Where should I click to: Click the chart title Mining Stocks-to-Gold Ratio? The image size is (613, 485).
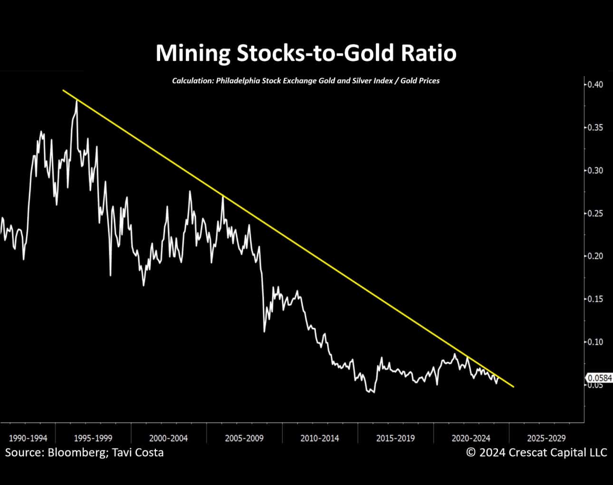(306, 53)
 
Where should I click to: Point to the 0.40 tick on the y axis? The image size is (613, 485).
(594, 85)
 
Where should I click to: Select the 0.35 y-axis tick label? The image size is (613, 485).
(594, 127)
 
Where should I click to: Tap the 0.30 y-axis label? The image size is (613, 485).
(594, 170)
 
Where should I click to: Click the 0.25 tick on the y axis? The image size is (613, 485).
(594, 213)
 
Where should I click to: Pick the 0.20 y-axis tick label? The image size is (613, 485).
(594, 256)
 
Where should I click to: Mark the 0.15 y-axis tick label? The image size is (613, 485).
(594, 299)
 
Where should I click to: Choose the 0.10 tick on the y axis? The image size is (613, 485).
(594, 342)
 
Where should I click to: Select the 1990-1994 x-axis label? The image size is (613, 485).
(28, 438)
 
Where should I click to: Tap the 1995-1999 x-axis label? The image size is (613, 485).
(93, 438)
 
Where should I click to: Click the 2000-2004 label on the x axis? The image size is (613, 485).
(168, 438)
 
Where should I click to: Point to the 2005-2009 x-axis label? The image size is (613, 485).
(244, 438)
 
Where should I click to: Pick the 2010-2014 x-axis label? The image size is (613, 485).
(320, 438)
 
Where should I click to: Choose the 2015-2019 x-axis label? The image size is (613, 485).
(395, 438)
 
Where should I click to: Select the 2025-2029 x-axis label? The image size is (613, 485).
(546, 438)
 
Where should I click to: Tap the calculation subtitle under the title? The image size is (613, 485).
(306, 81)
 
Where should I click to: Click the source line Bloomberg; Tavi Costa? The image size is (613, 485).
(84, 452)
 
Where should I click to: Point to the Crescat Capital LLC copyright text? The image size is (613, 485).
(536, 452)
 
